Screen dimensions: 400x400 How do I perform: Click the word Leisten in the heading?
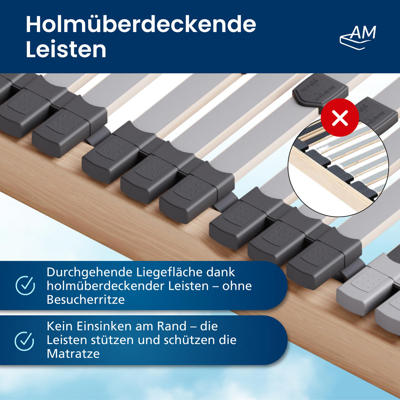point(66,49)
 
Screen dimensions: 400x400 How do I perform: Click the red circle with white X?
point(340,117)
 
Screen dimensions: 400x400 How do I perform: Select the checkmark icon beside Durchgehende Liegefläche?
point(25,285)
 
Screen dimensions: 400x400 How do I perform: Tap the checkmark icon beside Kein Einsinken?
point(25,341)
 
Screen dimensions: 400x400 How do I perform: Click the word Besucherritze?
point(86,300)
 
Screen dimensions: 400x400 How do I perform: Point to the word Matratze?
point(73,354)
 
